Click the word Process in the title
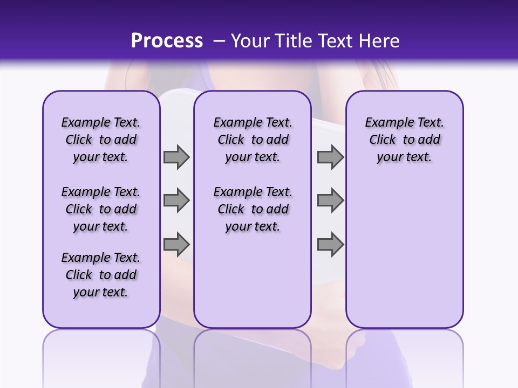[x=167, y=41]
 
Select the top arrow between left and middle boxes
[x=176, y=157]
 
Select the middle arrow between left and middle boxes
[x=176, y=200]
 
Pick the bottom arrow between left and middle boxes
[x=176, y=245]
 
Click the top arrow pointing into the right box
[x=330, y=157]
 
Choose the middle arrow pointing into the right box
[x=330, y=200]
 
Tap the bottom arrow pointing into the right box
[x=330, y=245]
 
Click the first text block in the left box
[x=101, y=140]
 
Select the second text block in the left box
[x=101, y=209]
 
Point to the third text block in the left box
[x=101, y=275]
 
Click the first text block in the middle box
[x=253, y=140]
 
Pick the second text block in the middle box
[x=253, y=209]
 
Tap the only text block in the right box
[x=404, y=140]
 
